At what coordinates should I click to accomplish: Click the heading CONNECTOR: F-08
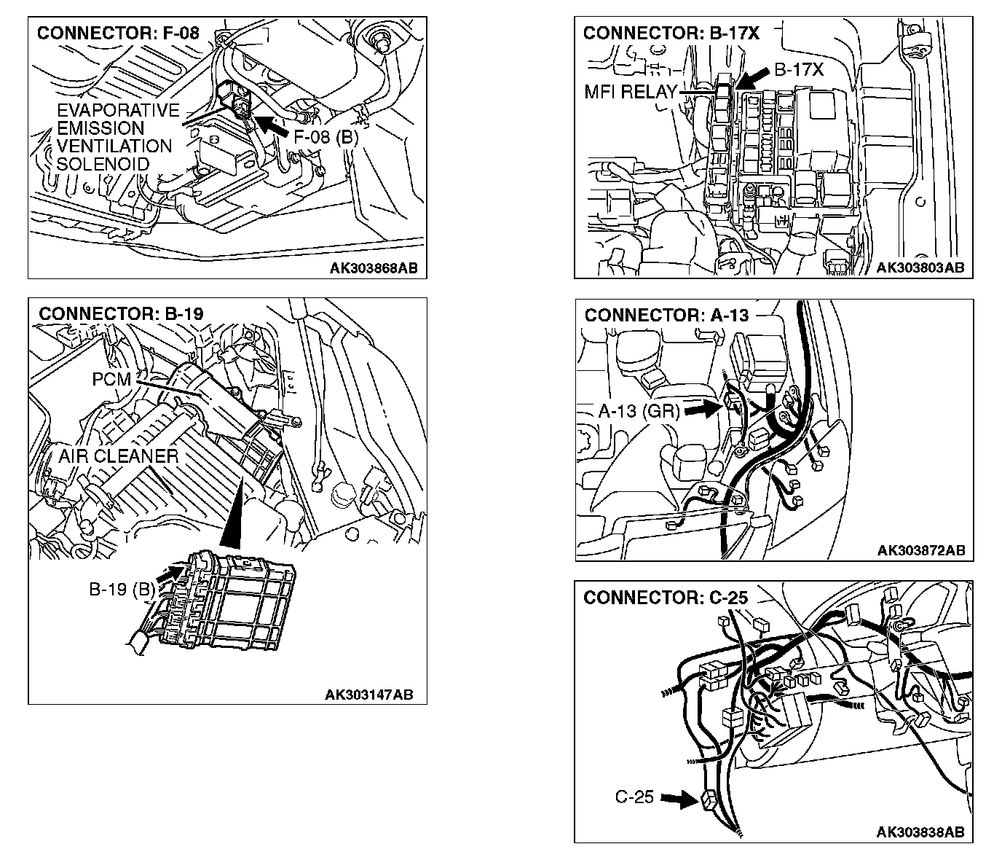pyautogui.click(x=117, y=33)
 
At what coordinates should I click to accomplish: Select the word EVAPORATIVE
pyautogui.click(x=118, y=111)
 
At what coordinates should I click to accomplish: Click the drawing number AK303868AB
pyautogui.click(x=374, y=267)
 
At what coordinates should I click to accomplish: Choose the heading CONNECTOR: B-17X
pyautogui.click(x=671, y=33)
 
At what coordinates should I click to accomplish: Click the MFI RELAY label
pyautogui.click(x=631, y=93)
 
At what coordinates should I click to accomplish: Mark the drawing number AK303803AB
pyautogui.click(x=920, y=267)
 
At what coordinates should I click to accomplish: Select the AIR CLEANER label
pyautogui.click(x=119, y=456)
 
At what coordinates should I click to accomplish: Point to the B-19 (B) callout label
pyautogui.click(x=122, y=590)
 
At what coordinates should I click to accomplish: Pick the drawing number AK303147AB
pyautogui.click(x=368, y=695)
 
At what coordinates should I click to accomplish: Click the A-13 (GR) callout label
pyautogui.click(x=639, y=411)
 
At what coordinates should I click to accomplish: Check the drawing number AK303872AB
pyautogui.click(x=921, y=550)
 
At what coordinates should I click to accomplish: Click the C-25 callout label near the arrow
pyautogui.click(x=634, y=797)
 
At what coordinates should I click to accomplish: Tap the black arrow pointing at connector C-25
pyautogui.click(x=679, y=800)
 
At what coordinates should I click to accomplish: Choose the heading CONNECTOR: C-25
pyautogui.click(x=666, y=598)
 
